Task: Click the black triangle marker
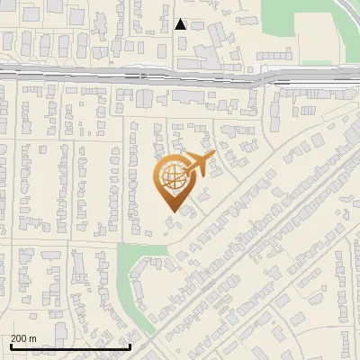click(x=181, y=24)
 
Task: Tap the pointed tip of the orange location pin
click(x=171, y=211)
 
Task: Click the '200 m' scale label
click(x=23, y=338)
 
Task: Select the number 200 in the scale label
click(x=19, y=338)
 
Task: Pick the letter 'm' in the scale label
click(x=32, y=338)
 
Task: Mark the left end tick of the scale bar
click(x=10, y=345)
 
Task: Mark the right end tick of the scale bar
click(x=130, y=345)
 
